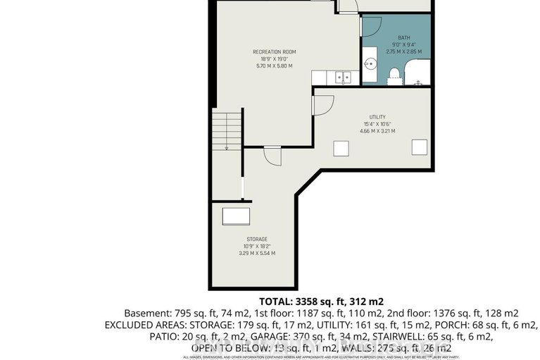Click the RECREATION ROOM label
point(272,51)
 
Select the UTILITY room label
point(377,117)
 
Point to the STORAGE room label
point(257,239)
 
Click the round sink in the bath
point(371,63)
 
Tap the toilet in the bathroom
point(394,72)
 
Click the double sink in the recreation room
point(343,76)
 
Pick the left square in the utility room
point(341,148)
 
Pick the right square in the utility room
point(419,147)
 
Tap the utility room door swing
point(322,105)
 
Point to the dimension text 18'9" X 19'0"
point(272,59)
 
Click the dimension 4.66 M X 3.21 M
point(377,131)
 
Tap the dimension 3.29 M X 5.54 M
point(257,253)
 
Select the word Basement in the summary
point(145,313)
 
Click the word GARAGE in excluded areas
point(232,337)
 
